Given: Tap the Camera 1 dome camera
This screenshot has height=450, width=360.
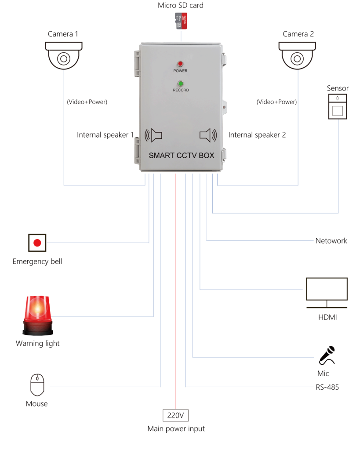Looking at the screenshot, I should tap(64, 55).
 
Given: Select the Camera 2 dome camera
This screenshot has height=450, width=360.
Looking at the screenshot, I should tap(298, 55).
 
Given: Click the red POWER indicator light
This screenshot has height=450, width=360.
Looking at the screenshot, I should tap(180, 64).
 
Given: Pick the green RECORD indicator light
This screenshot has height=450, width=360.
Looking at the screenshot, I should tap(180, 83).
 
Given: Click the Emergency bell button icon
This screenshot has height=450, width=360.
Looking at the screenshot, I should tap(37, 243).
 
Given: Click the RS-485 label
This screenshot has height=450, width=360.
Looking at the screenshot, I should tap(327, 387).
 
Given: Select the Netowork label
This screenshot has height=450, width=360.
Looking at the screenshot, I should tap(331, 241).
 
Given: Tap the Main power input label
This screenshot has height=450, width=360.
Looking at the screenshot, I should tap(176, 428).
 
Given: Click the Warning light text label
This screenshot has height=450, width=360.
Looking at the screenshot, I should tap(37, 343).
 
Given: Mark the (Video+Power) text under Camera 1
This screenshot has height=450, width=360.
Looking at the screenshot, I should tap(87, 102).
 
